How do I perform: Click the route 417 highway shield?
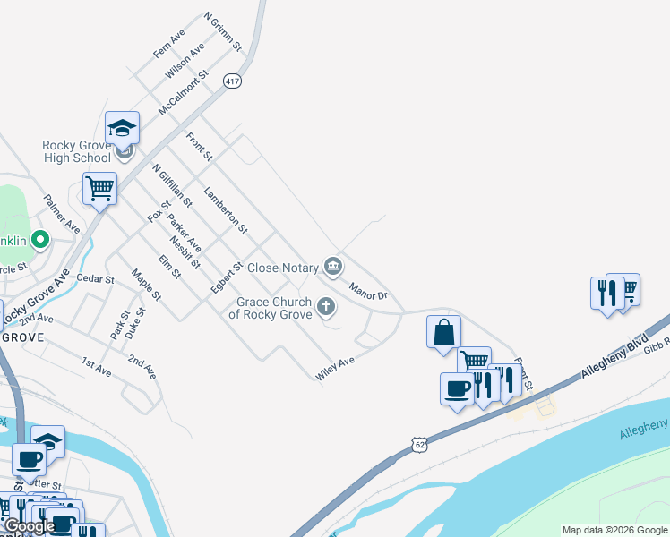coord(233,81)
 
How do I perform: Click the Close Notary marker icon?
coord(333,265)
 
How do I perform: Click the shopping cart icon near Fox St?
coord(99,189)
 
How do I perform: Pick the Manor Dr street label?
coord(368,290)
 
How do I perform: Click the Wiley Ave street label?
coord(335,369)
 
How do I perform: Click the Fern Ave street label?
coord(168,44)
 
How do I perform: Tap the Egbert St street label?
coord(228,277)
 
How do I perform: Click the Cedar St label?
coord(96,279)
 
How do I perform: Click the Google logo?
coord(29,527)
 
